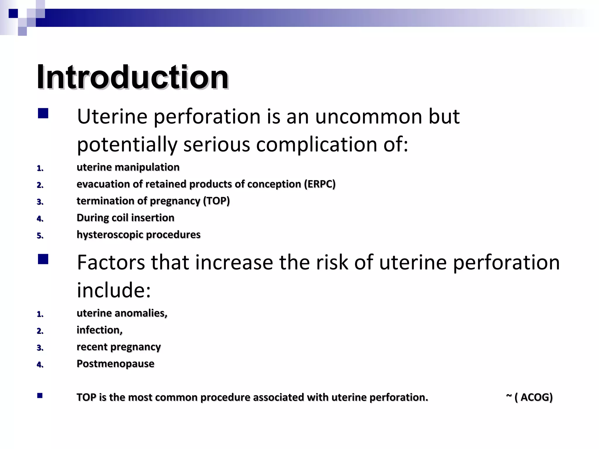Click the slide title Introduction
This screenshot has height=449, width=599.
click(x=132, y=77)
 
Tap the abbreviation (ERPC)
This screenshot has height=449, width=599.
click(x=320, y=184)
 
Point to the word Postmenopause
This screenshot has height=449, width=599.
click(x=115, y=364)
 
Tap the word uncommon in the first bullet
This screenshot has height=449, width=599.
click(x=369, y=116)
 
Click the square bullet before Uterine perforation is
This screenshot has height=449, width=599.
click(x=43, y=113)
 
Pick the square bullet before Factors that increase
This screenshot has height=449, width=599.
click(x=43, y=259)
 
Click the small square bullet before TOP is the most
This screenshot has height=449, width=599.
click(x=40, y=396)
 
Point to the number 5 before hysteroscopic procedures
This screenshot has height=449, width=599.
click(x=40, y=236)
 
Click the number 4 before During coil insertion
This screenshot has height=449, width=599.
click(x=40, y=219)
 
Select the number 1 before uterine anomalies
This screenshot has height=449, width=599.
click(x=40, y=315)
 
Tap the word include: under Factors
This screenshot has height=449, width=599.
click(x=114, y=290)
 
